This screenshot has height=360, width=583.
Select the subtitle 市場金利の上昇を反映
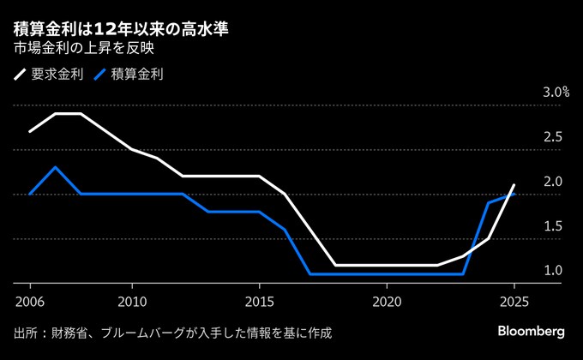[84, 49]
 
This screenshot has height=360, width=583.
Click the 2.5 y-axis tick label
[552, 137]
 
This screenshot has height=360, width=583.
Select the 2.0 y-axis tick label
[552, 182]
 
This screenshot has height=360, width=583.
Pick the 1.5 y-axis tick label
[552, 226]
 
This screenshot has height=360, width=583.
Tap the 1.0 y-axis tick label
[552, 271]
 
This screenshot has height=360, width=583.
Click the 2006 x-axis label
[30, 302]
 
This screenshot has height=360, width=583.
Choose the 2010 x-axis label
[132, 302]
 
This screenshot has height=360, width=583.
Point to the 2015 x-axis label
[260, 302]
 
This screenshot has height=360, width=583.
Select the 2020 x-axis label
[387, 302]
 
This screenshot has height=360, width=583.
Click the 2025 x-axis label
[514, 302]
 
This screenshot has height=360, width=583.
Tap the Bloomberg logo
[532, 331]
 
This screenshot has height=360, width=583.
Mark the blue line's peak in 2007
[56, 167]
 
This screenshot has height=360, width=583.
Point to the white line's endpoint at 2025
[514, 185]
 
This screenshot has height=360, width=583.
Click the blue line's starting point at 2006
[30, 194]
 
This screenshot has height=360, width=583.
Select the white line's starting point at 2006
[30, 131]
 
